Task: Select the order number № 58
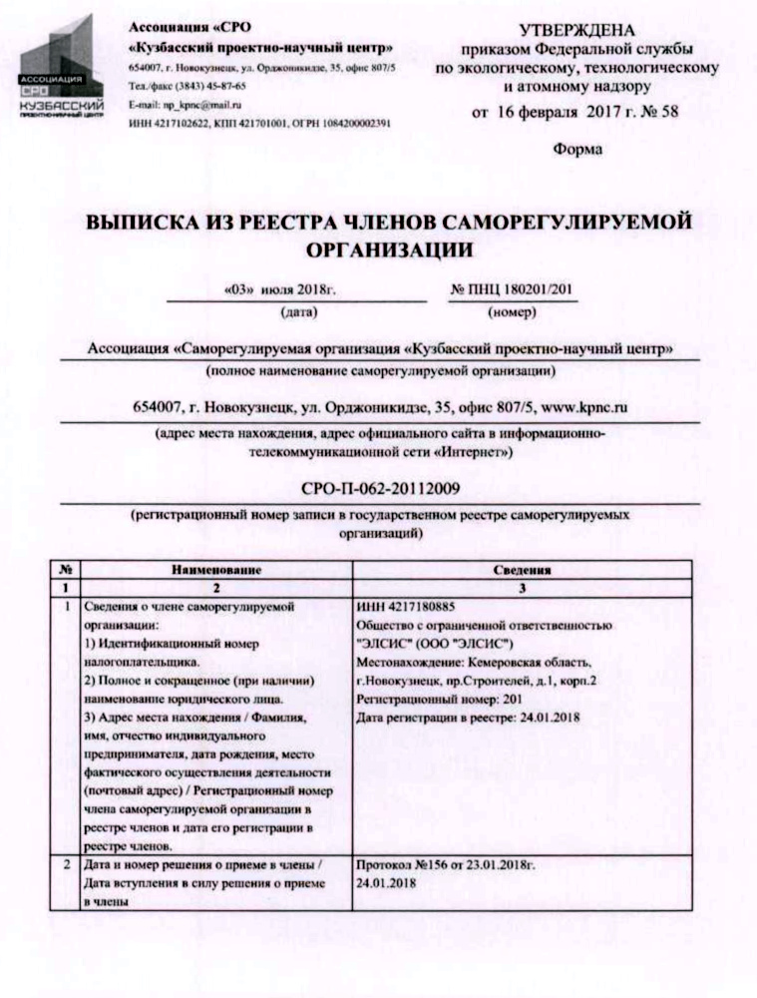click(655, 112)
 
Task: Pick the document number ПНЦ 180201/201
click(514, 289)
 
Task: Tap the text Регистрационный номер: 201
click(432, 702)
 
